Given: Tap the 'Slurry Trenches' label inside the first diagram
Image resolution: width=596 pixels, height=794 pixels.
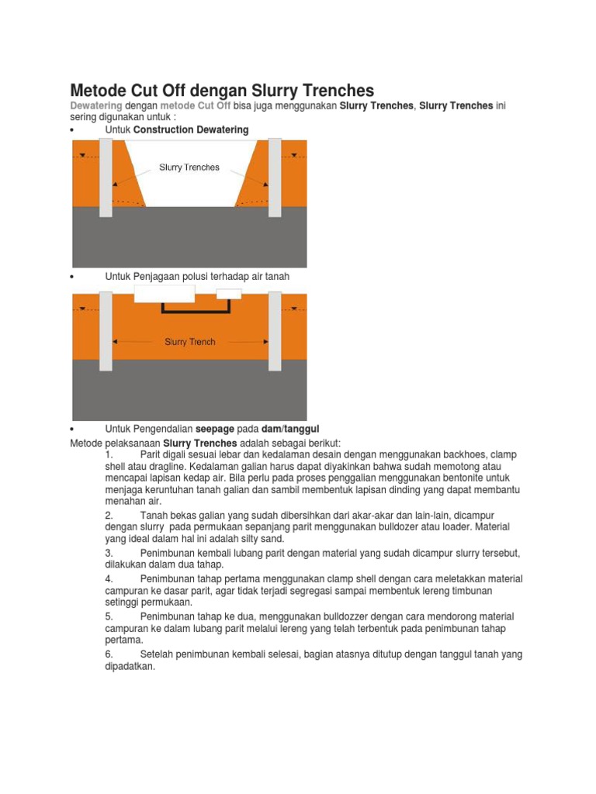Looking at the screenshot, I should [x=189, y=167].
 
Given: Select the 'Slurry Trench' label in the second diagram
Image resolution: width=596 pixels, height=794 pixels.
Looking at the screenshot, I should [x=190, y=341].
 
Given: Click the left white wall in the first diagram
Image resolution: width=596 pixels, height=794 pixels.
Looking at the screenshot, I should [x=106, y=178].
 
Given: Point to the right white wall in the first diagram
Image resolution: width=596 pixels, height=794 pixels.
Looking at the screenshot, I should [x=274, y=178].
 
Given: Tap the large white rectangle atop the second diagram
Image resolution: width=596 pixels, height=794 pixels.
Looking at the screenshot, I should [x=164, y=293].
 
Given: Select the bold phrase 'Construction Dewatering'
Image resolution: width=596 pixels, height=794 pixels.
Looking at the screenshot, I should [x=191, y=130].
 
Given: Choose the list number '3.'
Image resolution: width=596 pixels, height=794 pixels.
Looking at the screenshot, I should [x=109, y=553].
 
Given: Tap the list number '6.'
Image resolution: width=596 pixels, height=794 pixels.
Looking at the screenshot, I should [x=109, y=654].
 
